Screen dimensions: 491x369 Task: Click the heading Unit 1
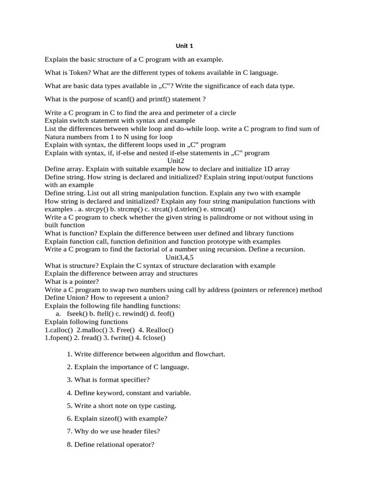click(x=184, y=46)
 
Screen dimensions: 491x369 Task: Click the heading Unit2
click(x=175, y=161)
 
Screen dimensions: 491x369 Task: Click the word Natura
click(x=56, y=137)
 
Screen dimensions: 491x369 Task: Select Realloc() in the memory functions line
click(x=159, y=330)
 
